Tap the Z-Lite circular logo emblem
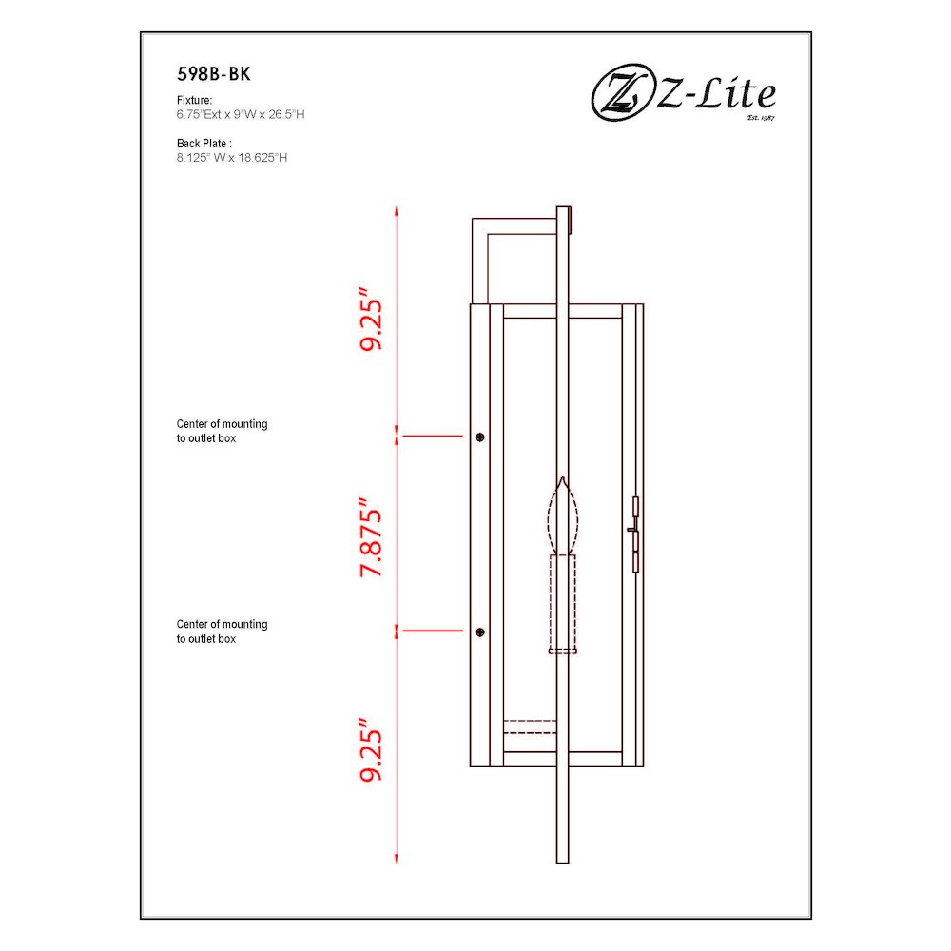(x=620, y=96)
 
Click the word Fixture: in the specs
(x=194, y=99)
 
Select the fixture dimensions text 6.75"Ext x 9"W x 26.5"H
(x=240, y=113)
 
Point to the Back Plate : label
(x=204, y=144)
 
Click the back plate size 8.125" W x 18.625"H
(x=231, y=158)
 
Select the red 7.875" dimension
(x=371, y=537)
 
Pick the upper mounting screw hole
(x=480, y=437)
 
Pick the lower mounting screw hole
(x=480, y=631)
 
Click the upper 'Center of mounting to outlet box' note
(x=222, y=432)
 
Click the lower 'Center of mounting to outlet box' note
(x=222, y=631)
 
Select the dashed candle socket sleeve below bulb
(x=563, y=605)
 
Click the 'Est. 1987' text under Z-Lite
(x=762, y=118)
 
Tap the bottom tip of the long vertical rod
(x=563, y=860)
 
